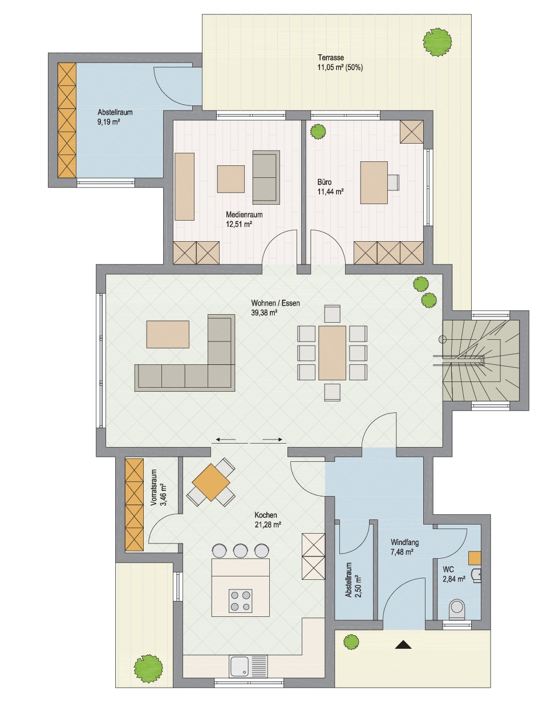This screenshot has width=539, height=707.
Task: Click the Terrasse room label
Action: pos(331,58)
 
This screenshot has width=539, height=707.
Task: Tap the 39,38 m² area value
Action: pos(265,312)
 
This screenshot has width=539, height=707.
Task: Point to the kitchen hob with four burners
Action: pos(240,600)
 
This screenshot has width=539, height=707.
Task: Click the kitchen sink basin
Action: pos(239,666)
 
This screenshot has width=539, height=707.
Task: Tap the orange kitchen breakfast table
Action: pos(210,482)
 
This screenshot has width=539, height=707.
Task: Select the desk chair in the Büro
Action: pos(393,182)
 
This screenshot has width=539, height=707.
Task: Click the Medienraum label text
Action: pos(244,214)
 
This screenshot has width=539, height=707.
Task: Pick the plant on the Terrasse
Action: pos(437,42)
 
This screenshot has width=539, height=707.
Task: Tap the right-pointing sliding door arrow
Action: pos(273,440)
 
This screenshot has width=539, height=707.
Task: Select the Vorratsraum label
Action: pos(154,487)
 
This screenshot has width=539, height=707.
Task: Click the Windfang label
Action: pos(404,542)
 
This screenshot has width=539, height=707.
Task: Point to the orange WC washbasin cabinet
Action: pos(475,558)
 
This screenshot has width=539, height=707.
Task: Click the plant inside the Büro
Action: pos(318,131)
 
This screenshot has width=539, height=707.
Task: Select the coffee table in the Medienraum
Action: pos(230,179)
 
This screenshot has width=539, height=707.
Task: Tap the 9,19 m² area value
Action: pos(108,122)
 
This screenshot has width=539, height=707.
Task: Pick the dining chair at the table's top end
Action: pos(332,314)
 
